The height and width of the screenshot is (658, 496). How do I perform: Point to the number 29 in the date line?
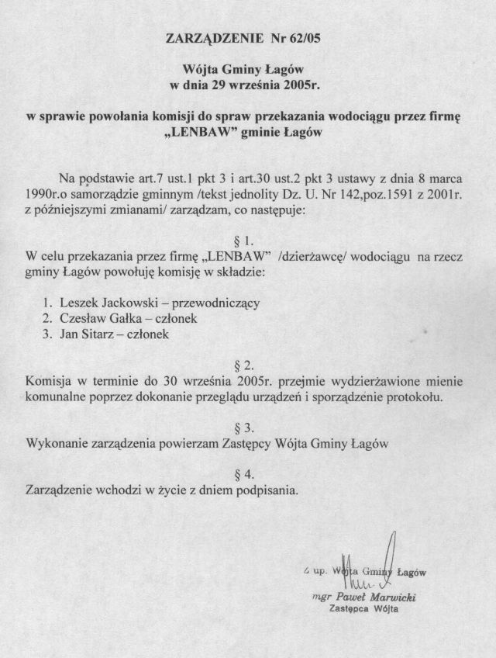click(216, 83)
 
